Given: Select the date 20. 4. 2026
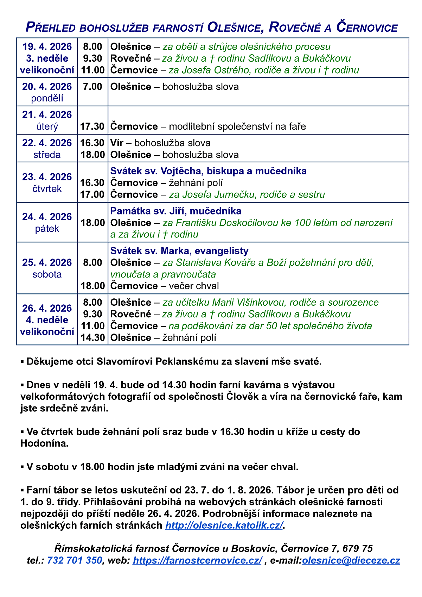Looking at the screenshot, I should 47,87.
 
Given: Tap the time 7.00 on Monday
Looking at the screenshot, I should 92,87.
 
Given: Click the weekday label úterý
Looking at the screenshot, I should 47,126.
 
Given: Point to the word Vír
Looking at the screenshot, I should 116,143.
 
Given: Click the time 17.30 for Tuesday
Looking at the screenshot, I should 92,126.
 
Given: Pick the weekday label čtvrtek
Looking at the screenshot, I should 47,189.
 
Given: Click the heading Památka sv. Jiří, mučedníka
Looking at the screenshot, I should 176,211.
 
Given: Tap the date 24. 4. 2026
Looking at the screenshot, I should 47,217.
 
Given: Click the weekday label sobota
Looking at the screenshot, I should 47,274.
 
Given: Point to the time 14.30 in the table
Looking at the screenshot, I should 92,338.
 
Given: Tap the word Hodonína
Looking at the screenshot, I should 44,443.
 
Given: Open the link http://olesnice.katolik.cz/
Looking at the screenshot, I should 224,526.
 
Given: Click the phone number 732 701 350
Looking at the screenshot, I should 75,560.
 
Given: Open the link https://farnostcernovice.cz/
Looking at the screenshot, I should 197,560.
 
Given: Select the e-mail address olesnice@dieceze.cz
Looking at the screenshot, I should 351,560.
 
